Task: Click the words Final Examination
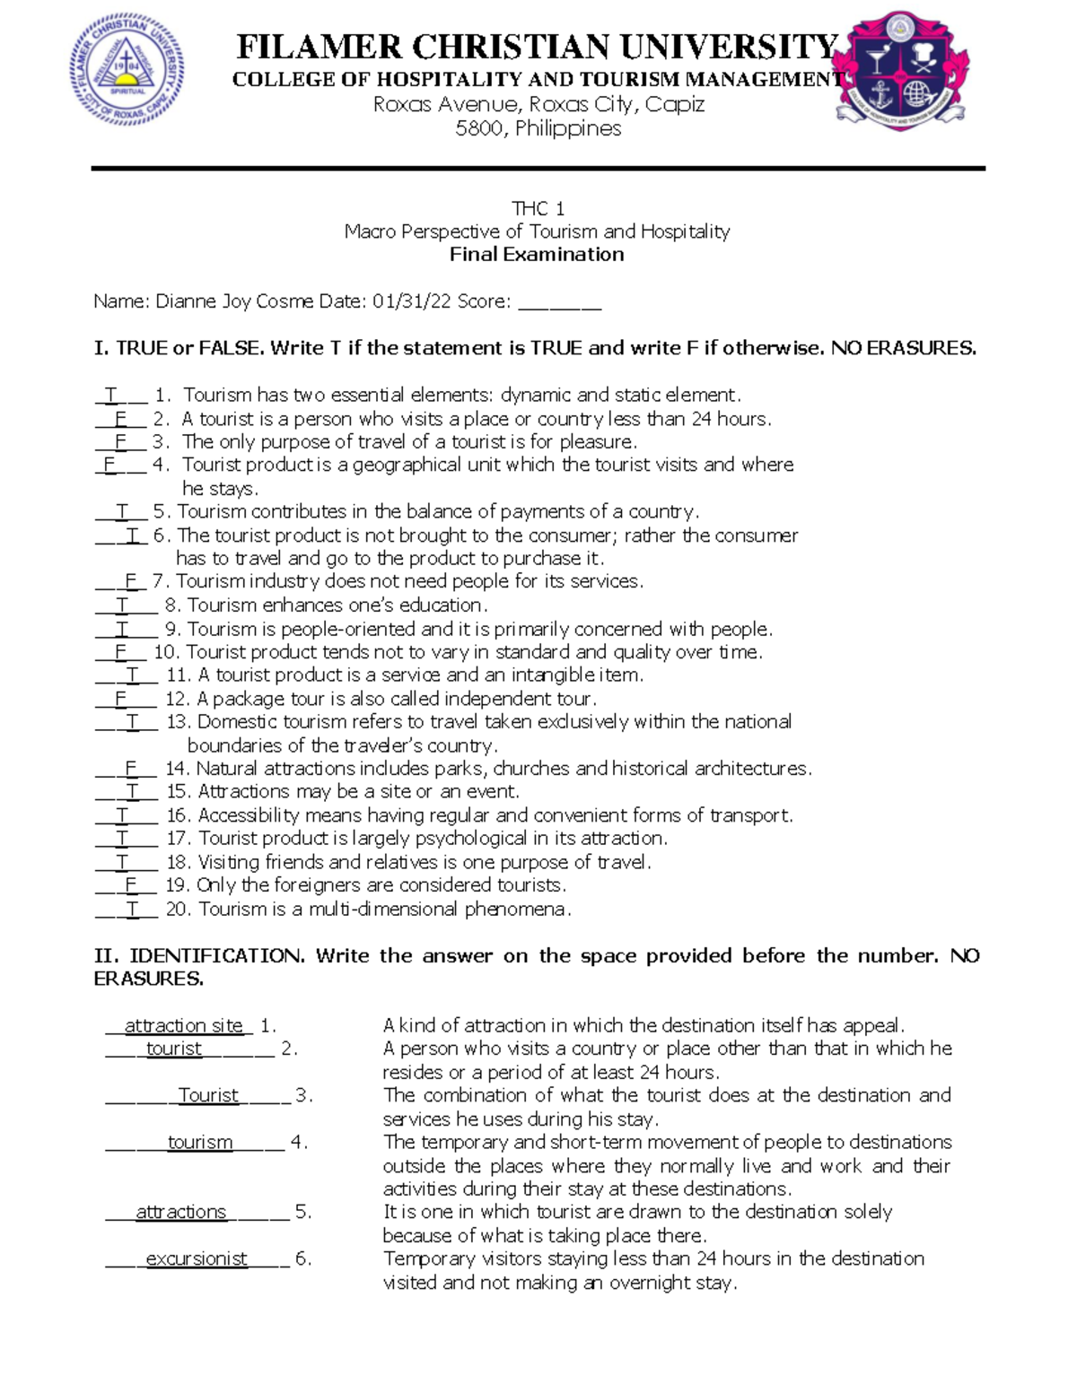(537, 255)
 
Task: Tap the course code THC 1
(538, 209)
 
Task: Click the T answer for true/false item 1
(111, 395)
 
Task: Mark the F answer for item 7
(130, 581)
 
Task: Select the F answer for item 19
(130, 885)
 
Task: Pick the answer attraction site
(183, 1025)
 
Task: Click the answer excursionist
(196, 1258)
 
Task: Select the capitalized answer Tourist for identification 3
(208, 1095)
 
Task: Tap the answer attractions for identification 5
(180, 1212)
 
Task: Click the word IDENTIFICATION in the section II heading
(216, 956)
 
